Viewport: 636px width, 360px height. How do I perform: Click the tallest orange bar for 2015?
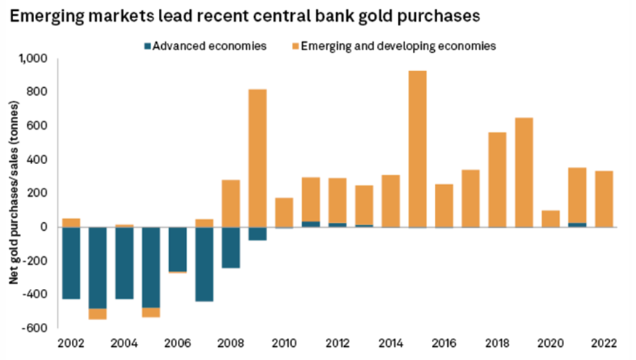coord(417,149)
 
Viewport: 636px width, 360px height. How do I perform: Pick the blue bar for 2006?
coord(177,249)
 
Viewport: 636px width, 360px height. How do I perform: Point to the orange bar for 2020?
coord(551,219)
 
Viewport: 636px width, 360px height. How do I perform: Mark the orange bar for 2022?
coord(604,199)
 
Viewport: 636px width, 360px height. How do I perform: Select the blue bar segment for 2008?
coord(231,247)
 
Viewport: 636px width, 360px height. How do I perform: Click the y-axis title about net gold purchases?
coord(14,192)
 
